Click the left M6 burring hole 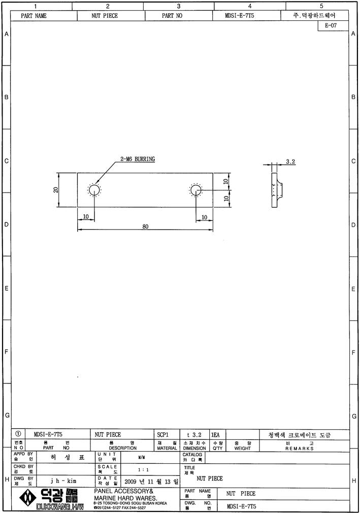pos(94,190)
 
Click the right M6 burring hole pos(196,190)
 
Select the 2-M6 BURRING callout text pos(138,159)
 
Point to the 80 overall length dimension pos(145,227)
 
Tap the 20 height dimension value pos(56,190)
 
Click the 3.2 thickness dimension pos(290,162)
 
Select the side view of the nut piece pos(277,190)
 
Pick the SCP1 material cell pos(162,434)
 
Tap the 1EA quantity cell pos(215,434)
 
